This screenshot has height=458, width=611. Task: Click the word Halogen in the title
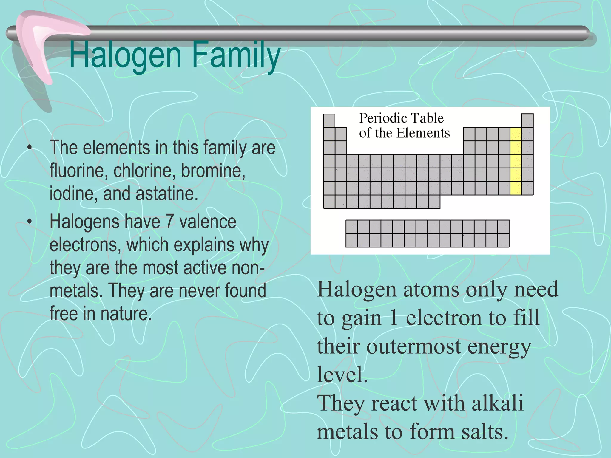(x=125, y=55)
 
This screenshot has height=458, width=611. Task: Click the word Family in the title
(x=236, y=55)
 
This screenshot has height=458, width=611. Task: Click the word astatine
(x=167, y=194)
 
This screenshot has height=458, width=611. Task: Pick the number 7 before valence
(x=169, y=222)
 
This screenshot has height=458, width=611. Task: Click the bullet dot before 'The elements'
(x=29, y=147)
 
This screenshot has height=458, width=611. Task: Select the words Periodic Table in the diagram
(x=401, y=118)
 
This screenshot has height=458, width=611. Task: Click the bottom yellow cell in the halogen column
(x=516, y=188)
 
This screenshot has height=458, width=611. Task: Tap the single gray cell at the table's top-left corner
(x=329, y=120)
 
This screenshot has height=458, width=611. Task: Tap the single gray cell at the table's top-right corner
(x=527, y=120)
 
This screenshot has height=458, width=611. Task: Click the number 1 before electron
(x=394, y=318)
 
